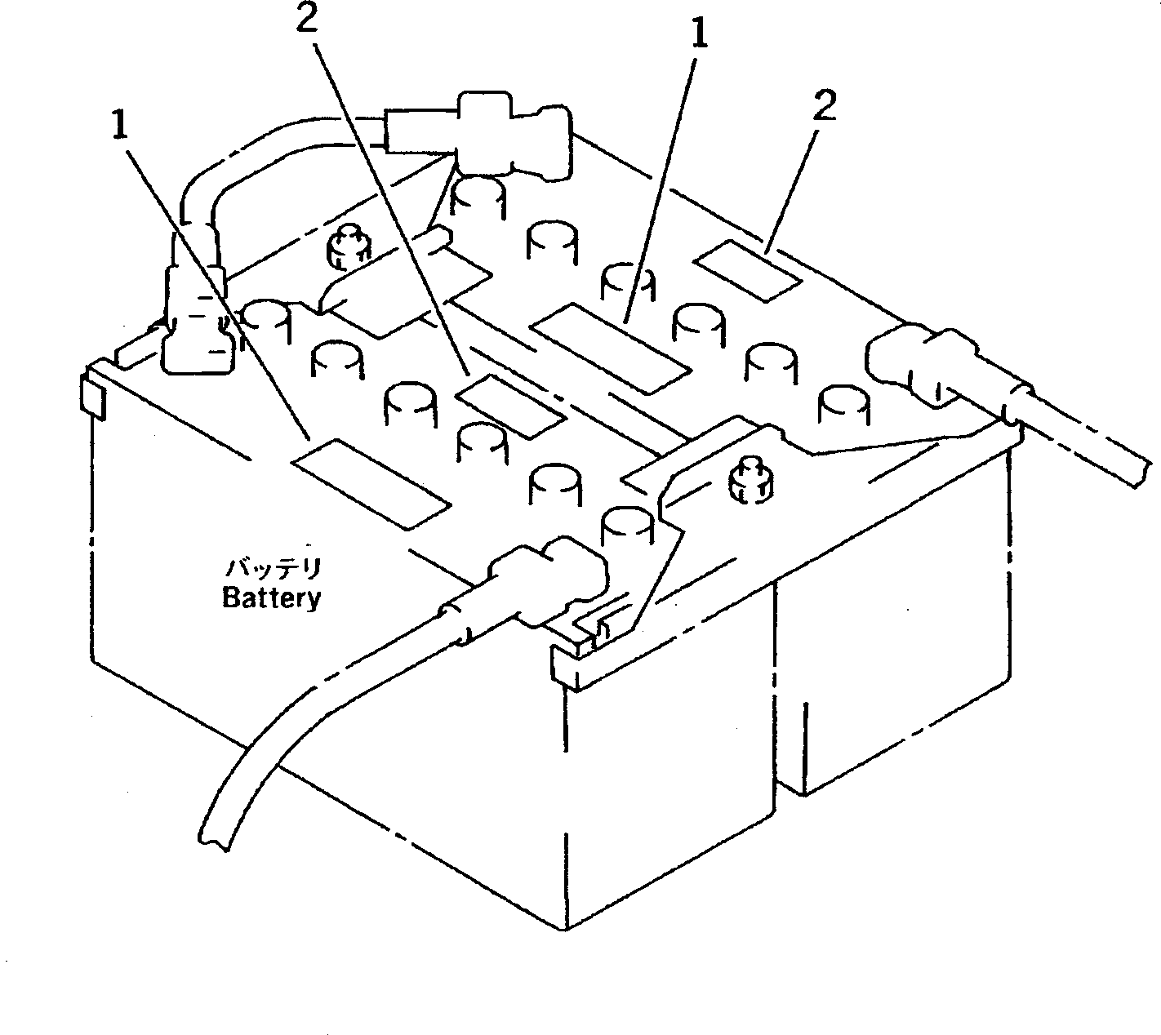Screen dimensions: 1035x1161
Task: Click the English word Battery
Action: tap(271, 598)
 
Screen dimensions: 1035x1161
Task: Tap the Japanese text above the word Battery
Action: tap(273, 567)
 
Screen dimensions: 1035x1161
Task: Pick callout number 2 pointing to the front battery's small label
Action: tap(307, 21)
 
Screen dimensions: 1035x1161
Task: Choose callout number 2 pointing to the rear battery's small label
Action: tap(825, 107)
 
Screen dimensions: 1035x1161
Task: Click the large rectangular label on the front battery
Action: tap(371, 482)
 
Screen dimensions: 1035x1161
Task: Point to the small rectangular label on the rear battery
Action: tap(747, 270)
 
